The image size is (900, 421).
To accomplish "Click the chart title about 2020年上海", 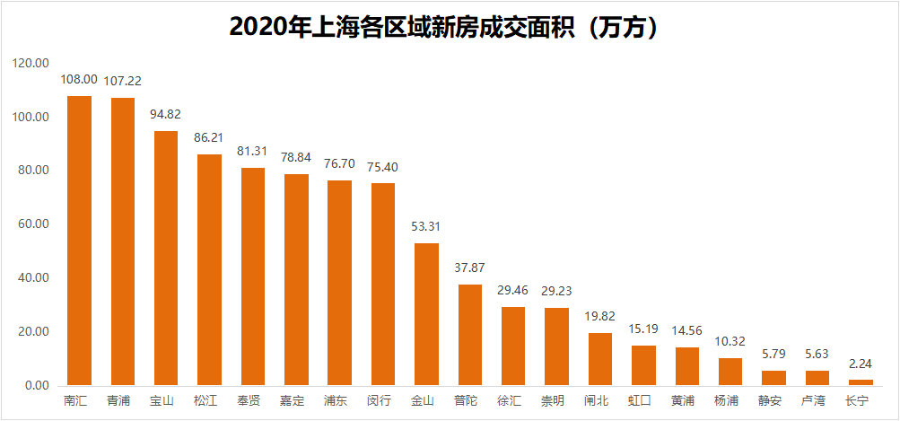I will [449, 27].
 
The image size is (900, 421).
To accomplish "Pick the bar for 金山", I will [426, 314].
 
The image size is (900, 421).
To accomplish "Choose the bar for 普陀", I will [469, 335].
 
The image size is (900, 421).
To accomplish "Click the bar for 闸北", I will [599, 359].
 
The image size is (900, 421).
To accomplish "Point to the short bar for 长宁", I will [860, 382].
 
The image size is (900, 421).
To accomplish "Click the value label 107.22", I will [123, 80].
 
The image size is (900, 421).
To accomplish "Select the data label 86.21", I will [209, 138].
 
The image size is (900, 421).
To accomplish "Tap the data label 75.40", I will [383, 166].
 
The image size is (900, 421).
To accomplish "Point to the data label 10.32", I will [730, 342].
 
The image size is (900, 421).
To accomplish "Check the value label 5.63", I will [817, 355].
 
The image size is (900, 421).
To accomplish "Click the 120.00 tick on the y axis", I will [31, 64].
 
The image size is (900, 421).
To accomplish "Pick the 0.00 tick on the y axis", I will [37, 386].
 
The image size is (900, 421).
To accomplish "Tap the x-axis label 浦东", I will [339, 399].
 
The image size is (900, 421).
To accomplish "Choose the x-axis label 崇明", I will [556, 399].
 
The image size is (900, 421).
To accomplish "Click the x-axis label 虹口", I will [643, 399].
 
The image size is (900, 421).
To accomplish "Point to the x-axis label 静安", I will [773, 399].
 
